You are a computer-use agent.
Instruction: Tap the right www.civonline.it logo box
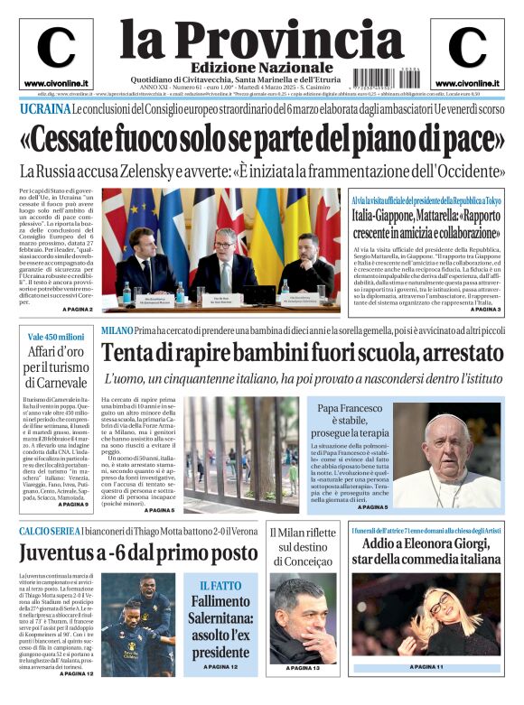click(467, 53)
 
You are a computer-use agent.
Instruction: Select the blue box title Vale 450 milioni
click(55, 337)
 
